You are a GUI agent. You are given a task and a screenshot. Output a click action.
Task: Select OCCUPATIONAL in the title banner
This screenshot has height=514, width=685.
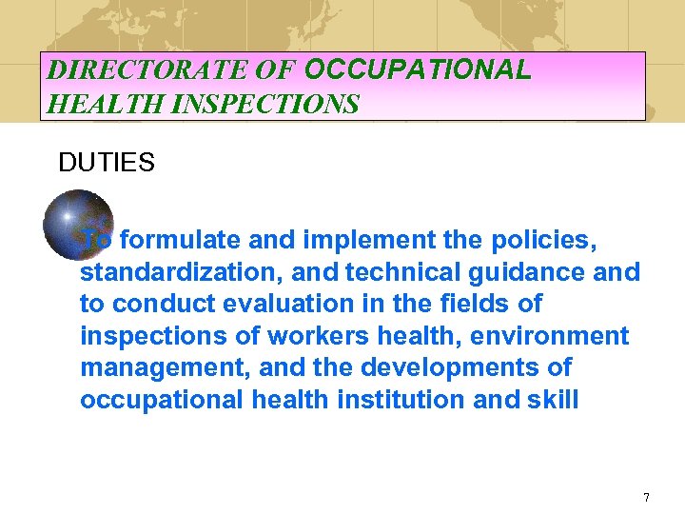(x=418, y=69)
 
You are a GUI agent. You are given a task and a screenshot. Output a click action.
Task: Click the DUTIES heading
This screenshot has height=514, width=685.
(x=106, y=163)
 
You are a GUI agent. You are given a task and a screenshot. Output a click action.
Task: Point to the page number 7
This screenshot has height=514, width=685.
(x=646, y=497)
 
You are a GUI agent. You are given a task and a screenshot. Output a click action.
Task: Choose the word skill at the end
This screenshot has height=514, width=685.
(x=553, y=400)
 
